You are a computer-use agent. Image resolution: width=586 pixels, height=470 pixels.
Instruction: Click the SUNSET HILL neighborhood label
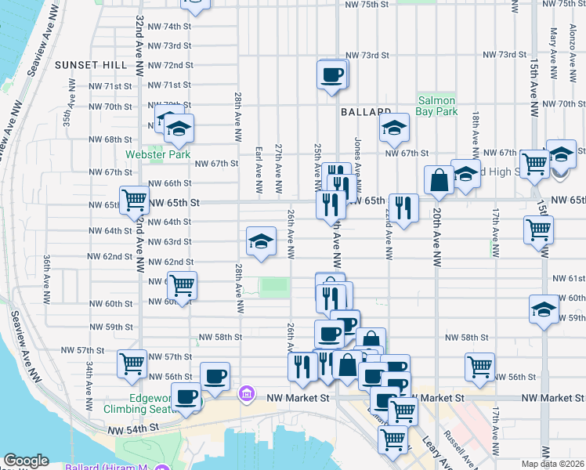(x=87, y=64)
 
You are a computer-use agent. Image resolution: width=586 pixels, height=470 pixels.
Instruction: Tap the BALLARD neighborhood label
(x=366, y=112)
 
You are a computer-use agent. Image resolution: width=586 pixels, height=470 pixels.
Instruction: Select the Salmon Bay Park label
(x=437, y=106)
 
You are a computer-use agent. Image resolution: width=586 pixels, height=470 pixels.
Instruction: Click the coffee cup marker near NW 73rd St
(x=332, y=75)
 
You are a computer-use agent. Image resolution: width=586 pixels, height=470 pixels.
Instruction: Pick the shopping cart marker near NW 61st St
(x=182, y=286)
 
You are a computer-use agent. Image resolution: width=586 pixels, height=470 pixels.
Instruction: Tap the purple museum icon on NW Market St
(x=245, y=392)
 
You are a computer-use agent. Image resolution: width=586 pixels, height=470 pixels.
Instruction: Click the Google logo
(x=26, y=461)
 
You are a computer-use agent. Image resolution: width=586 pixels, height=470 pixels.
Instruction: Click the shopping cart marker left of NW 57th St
(x=132, y=363)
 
